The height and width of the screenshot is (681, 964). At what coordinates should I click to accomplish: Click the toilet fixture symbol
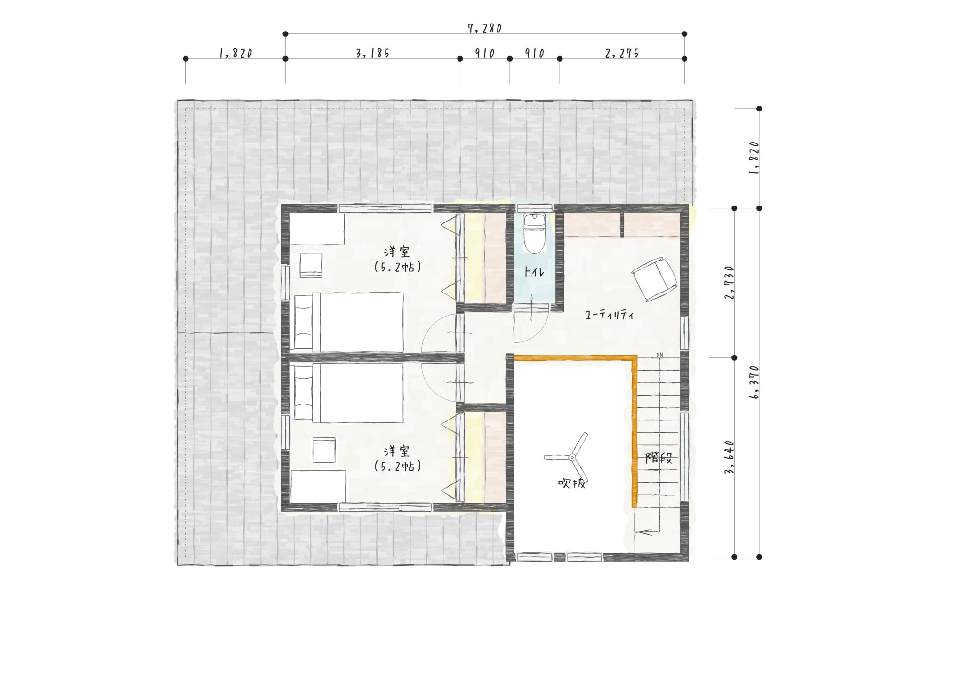click(x=534, y=233)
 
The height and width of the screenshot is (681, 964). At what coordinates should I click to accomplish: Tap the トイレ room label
click(x=534, y=272)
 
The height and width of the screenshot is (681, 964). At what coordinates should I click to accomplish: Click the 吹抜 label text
click(x=571, y=483)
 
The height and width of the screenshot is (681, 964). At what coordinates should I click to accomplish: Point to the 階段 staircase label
click(x=659, y=458)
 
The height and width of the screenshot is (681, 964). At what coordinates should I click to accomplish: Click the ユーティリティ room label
click(x=610, y=315)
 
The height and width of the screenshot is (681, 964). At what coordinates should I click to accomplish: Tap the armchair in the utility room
click(x=655, y=279)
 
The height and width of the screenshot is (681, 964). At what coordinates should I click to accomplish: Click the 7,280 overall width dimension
click(x=485, y=28)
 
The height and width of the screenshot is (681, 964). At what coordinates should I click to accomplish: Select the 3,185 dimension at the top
click(x=372, y=53)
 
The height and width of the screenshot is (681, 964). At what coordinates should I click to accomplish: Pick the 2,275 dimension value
click(x=622, y=53)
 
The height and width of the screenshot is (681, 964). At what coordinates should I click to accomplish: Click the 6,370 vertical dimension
click(x=754, y=382)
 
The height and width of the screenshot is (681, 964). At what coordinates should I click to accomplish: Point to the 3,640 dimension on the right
click(x=730, y=457)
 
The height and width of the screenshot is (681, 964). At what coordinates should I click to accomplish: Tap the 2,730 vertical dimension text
click(x=730, y=283)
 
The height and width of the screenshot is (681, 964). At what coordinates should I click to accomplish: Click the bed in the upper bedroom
click(x=349, y=322)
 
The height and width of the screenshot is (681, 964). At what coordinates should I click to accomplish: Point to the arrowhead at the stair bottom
click(x=641, y=532)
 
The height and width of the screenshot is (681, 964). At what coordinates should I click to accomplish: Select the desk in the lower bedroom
click(x=318, y=486)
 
